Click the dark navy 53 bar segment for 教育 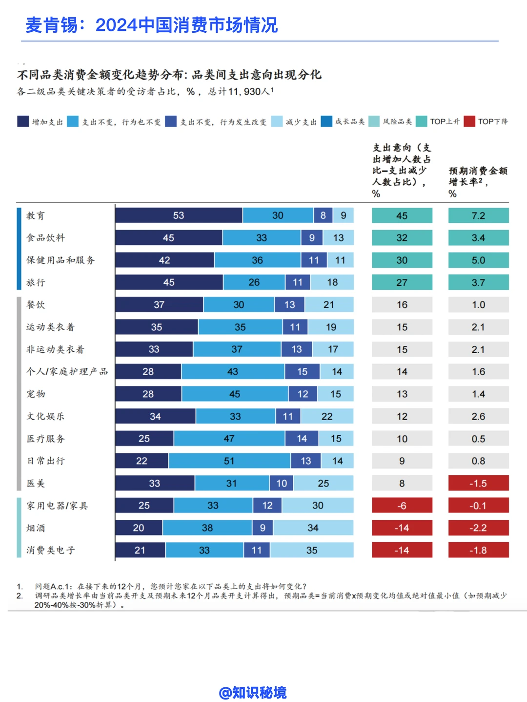179,215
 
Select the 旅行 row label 36,282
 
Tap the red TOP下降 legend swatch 469,122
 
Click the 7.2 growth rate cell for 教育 479,215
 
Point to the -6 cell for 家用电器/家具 402,505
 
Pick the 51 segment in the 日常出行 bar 229,461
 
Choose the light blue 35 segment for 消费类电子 312,550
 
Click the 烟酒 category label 36,528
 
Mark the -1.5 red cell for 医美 479,483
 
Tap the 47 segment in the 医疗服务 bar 229,439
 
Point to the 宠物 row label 36,394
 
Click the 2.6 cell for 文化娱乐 479,416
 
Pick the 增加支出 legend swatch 23,122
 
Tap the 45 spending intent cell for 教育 402,215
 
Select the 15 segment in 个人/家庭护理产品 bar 302,372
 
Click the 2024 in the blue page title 117,25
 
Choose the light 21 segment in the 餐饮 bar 329,304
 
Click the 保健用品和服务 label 61,260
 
